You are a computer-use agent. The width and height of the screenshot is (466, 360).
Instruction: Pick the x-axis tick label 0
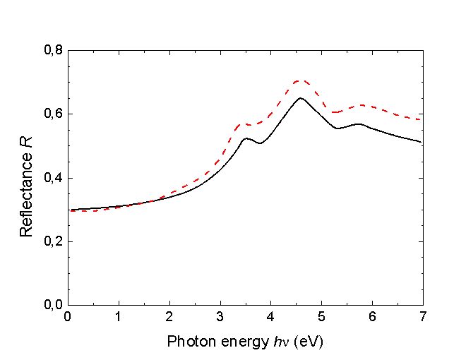pos(68,317)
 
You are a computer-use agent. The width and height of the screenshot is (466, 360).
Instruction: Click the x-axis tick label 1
pos(119,317)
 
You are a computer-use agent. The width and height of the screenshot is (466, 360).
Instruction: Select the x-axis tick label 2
pos(169,317)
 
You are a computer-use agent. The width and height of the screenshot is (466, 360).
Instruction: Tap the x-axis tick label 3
pos(220,317)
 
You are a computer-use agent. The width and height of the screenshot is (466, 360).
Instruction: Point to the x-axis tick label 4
pos(271,317)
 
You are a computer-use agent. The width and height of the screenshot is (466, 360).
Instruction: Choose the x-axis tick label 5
pos(322,317)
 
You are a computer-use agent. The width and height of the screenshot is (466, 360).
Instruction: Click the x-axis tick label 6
pos(373,317)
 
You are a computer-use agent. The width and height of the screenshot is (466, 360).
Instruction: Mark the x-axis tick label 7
pos(422,317)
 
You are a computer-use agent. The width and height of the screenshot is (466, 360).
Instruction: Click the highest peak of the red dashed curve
pos(299,80)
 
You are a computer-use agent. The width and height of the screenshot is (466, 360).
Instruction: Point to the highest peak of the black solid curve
pos(300,98)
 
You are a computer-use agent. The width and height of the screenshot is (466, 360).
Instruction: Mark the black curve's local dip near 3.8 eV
pos(260,143)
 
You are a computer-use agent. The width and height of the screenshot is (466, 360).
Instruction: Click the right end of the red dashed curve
pos(422,119)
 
